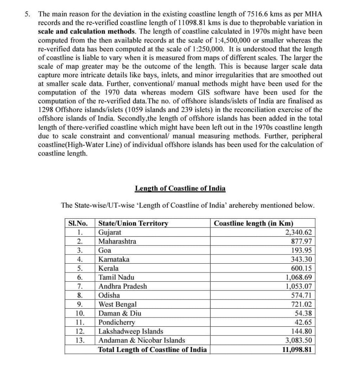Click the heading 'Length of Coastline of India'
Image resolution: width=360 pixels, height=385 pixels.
[x=180, y=188]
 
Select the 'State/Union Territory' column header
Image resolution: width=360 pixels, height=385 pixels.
[x=133, y=223]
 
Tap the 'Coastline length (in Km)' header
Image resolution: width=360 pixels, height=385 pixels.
[x=253, y=223]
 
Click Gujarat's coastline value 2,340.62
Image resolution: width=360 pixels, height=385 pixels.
[x=298, y=232]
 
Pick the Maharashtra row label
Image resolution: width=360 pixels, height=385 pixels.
[x=117, y=241]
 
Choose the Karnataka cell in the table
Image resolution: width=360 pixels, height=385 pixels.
[x=114, y=259]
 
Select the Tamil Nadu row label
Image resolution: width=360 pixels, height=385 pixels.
[x=116, y=277]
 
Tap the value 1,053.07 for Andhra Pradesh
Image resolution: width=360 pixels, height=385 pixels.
[x=298, y=286]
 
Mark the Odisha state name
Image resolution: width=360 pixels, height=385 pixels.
[x=109, y=295]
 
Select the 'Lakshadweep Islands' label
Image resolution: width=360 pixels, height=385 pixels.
[x=131, y=331]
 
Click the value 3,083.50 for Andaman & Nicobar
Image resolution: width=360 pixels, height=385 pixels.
[x=298, y=340]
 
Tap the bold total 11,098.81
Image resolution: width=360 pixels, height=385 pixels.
[x=297, y=350]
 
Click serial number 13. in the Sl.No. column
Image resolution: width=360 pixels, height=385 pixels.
[x=80, y=340]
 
